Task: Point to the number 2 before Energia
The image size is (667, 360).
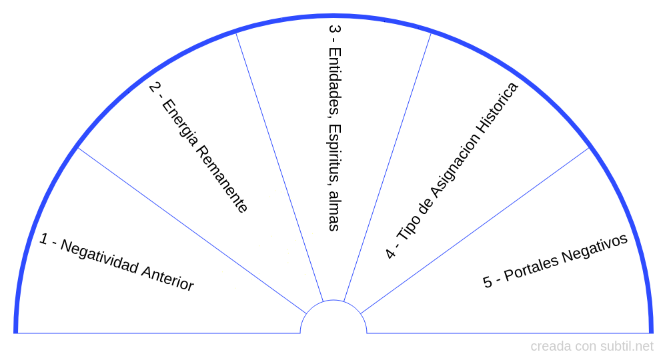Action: point(155,87)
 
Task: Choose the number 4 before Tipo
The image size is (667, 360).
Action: point(390,253)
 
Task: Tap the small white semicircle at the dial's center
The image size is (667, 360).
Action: point(333,319)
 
